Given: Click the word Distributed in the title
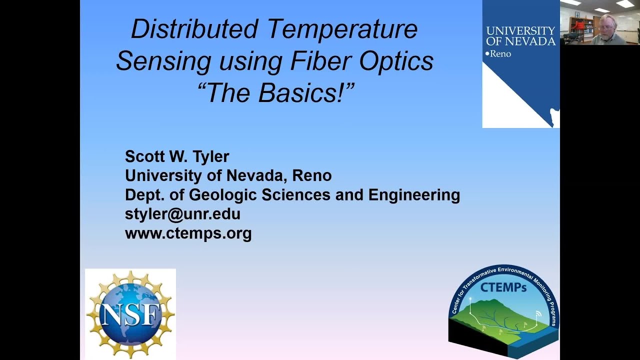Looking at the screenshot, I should [x=194, y=29].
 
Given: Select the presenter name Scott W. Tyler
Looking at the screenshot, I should [x=177, y=156].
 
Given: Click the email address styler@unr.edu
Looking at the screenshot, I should [x=182, y=214].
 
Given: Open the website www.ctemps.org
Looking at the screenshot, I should [x=188, y=233].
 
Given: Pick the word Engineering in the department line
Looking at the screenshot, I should [x=414, y=194].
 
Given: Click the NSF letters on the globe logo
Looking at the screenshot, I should [x=130, y=313].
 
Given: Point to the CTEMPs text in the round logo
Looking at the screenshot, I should [x=503, y=289].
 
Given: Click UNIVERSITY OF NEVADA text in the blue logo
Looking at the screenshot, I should [x=520, y=36].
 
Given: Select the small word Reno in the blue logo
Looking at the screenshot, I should [x=500, y=53].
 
